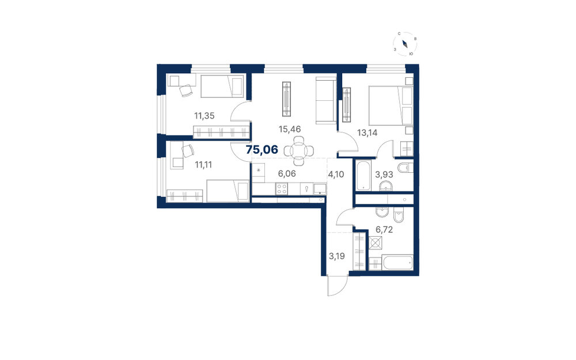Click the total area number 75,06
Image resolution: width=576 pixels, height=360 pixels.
[x=262, y=150]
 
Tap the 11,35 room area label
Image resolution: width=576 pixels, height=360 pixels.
[x=204, y=116]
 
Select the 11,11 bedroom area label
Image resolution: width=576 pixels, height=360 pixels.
[x=203, y=165]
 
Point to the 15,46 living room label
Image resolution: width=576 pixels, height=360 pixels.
[x=290, y=129]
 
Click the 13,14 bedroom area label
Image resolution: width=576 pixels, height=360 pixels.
[x=367, y=132]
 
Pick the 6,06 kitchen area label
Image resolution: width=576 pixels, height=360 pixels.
[x=287, y=174]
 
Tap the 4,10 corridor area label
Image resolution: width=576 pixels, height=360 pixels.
[x=336, y=174]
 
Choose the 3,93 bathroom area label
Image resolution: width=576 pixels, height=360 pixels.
[x=384, y=174]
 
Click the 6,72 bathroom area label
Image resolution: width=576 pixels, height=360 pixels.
[x=384, y=230]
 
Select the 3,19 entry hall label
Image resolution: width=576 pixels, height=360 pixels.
[x=336, y=256]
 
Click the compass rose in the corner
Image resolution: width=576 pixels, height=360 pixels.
[x=405, y=44]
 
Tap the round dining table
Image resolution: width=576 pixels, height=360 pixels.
[x=299, y=150]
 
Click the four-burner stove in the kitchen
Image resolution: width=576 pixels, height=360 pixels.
[x=282, y=189]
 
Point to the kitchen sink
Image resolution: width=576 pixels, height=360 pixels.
[x=320, y=189]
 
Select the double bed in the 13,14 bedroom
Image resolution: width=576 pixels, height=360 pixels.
[x=391, y=106]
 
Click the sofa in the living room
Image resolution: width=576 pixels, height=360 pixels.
[x=326, y=100]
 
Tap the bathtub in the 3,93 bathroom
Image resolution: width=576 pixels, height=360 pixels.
[x=363, y=176]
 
